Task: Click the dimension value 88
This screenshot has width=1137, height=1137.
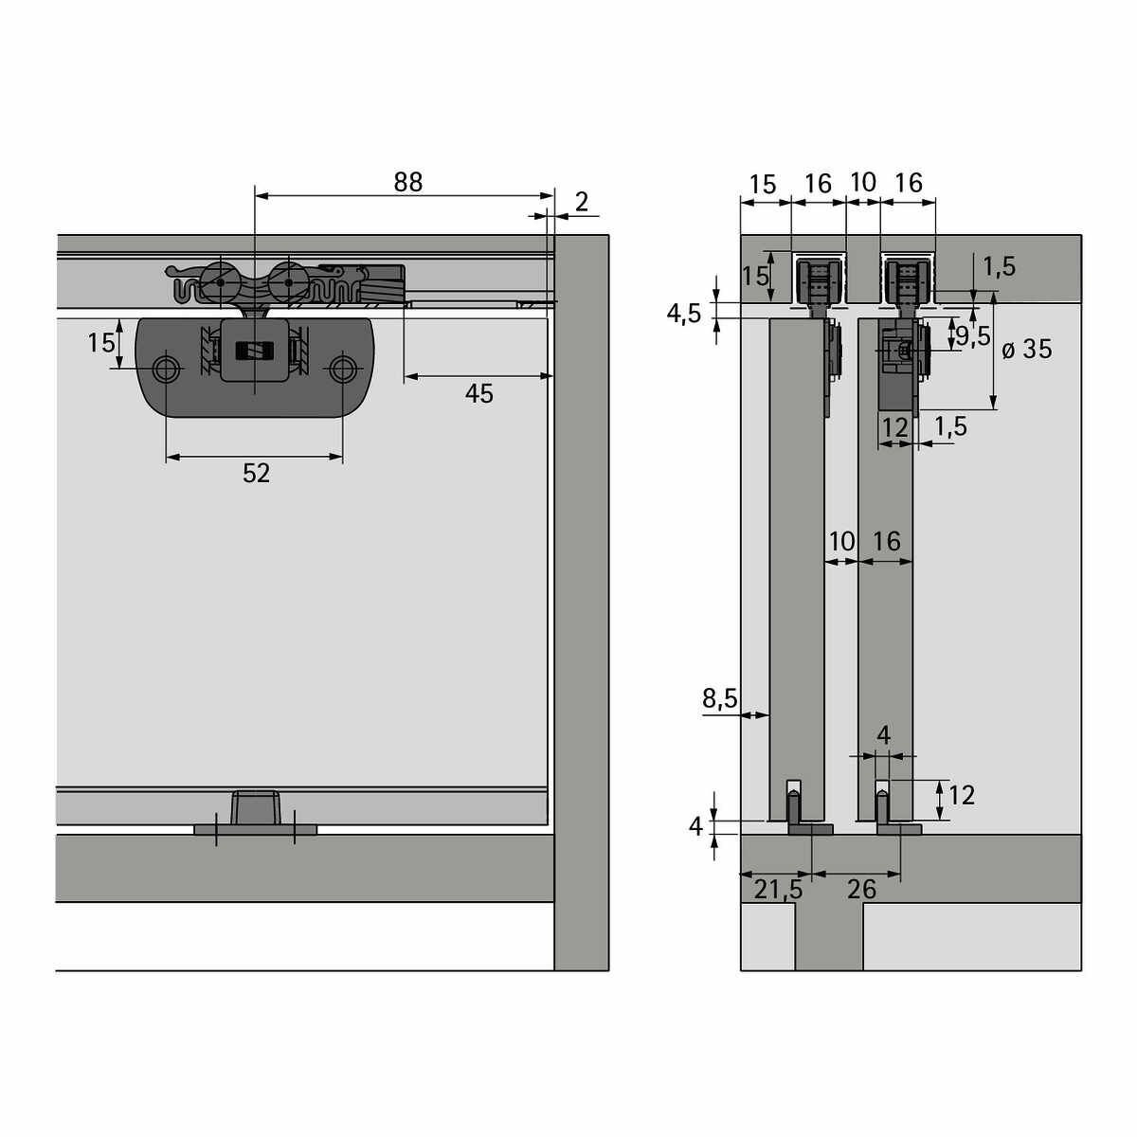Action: [x=407, y=182]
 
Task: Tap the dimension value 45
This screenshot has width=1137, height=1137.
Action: [x=478, y=393]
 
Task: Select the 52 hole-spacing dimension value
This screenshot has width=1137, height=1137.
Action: [x=256, y=473]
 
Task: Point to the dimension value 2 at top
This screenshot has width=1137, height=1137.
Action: [x=581, y=203]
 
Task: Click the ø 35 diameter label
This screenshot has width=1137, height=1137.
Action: [x=1027, y=350]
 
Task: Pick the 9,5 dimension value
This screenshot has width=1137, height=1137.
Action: [x=973, y=335]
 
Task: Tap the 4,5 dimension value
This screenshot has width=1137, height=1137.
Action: [x=683, y=314]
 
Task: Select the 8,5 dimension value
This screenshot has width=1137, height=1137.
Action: [x=719, y=698]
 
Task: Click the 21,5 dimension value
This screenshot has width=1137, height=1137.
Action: [x=778, y=889]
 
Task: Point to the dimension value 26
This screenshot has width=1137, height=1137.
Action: [x=861, y=889]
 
